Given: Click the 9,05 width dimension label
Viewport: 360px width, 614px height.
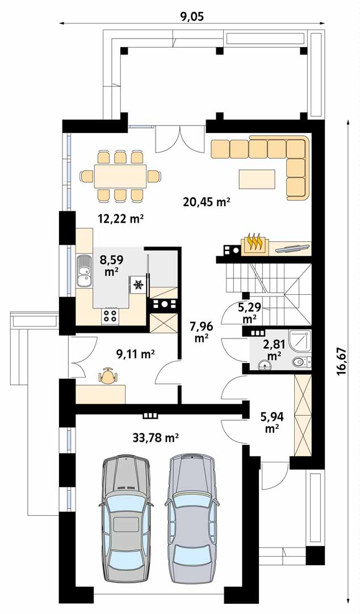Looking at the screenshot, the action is [192, 16].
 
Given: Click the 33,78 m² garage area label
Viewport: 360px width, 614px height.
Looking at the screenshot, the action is [156, 437].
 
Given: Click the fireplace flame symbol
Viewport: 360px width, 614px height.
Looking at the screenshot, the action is [255, 242].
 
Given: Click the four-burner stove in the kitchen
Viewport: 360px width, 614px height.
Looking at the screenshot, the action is [110, 316].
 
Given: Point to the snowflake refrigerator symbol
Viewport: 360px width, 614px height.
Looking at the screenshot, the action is [138, 285].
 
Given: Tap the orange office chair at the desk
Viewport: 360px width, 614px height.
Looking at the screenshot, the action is [108, 377].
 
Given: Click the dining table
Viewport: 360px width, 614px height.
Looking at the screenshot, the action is [120, 177].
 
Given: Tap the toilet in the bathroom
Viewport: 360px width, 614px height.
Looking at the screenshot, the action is [302, 362].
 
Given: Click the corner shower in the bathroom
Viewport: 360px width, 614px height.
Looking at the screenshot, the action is [299, 340].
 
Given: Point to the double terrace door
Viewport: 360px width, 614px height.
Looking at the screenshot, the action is [180, 139].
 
